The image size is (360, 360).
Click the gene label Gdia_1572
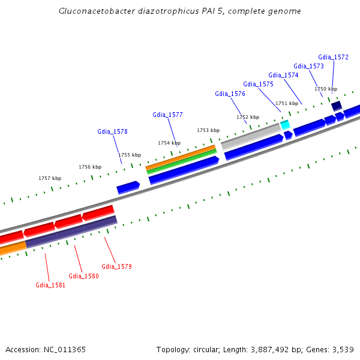[x=333, y=57]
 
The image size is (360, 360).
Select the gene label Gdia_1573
[x=308, y=66]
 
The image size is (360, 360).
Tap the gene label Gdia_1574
[x=283, y=75]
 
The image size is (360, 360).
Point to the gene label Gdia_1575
[x=258, y=84]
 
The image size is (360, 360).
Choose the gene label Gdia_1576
[x=230, y=94]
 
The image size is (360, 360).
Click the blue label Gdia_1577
[x=167, y=115]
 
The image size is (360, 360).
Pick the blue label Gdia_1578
[x=112, y=131]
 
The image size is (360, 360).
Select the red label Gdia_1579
[x=116, y=266]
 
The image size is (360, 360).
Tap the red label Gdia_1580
[x=83, y=276]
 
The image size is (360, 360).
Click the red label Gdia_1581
[x=50, y=285]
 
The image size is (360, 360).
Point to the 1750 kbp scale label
[x=326, y=89]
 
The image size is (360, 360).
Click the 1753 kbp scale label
[x=208, y=130]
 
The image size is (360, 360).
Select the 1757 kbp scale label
[x=50, y=178]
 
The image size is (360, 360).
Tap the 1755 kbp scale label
[x=129, y=155]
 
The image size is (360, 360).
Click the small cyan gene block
[x=285, y=125]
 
